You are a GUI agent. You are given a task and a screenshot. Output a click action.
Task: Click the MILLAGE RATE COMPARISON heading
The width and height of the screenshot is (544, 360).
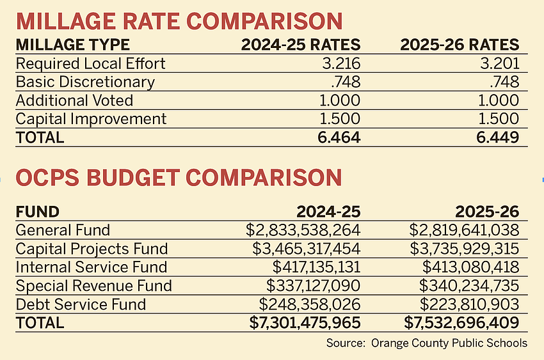pos(179,20)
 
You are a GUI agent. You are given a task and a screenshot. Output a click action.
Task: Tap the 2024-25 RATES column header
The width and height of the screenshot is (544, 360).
pos(301,45)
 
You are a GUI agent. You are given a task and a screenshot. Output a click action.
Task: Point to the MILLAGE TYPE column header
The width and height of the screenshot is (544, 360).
pos(72,45)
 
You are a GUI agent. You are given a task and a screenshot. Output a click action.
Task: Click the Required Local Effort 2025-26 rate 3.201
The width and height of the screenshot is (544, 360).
pos(499,64)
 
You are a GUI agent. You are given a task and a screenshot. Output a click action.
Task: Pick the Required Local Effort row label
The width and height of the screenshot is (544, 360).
pos(90,64)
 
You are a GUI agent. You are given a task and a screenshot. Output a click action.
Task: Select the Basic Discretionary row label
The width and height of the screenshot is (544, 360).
pos(85,82)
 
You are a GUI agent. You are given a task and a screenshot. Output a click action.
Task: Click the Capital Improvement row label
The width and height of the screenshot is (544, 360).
pos(91,119)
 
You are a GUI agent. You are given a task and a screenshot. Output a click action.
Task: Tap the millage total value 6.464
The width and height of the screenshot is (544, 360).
pos(339,137)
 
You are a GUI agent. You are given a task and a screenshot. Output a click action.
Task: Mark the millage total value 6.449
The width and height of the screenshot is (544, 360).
pos(498,137)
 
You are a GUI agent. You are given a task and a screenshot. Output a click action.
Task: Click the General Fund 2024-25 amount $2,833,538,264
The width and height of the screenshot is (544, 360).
pos(303,230)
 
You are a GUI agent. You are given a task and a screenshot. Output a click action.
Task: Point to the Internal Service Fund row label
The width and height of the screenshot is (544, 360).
pos(91,267)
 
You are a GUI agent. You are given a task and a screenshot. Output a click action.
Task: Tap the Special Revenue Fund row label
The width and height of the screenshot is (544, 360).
pos(93,286)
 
